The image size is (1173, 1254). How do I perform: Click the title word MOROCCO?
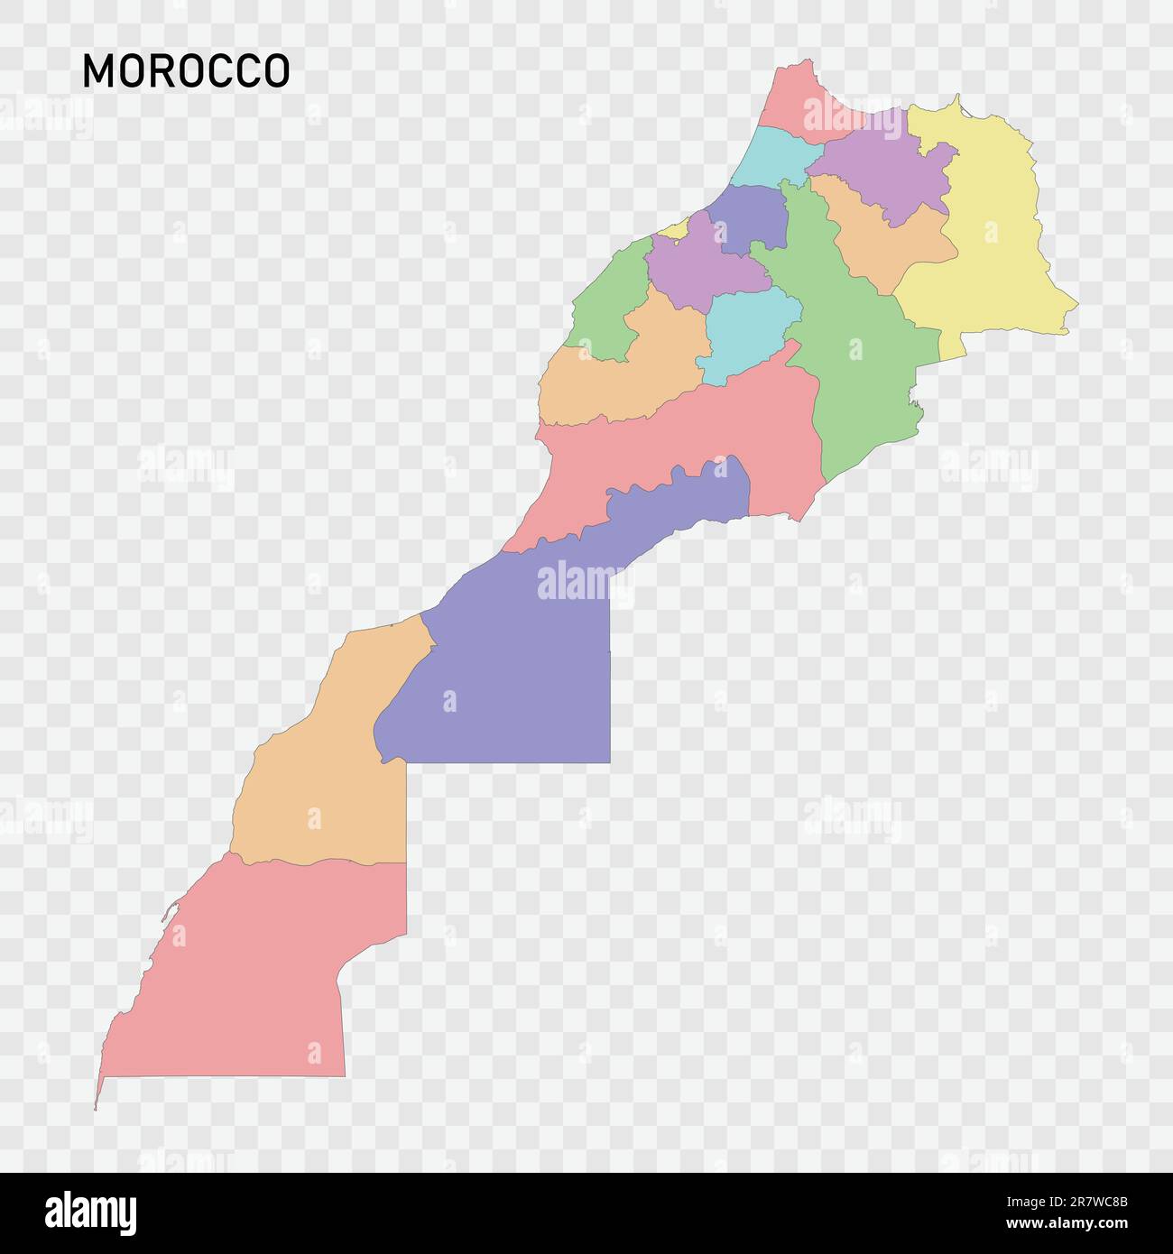[186, 71]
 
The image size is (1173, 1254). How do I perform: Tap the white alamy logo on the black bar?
[91, 1213]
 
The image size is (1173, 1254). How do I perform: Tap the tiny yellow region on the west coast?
[675, 229]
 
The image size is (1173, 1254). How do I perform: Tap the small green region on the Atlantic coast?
[605, 307]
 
